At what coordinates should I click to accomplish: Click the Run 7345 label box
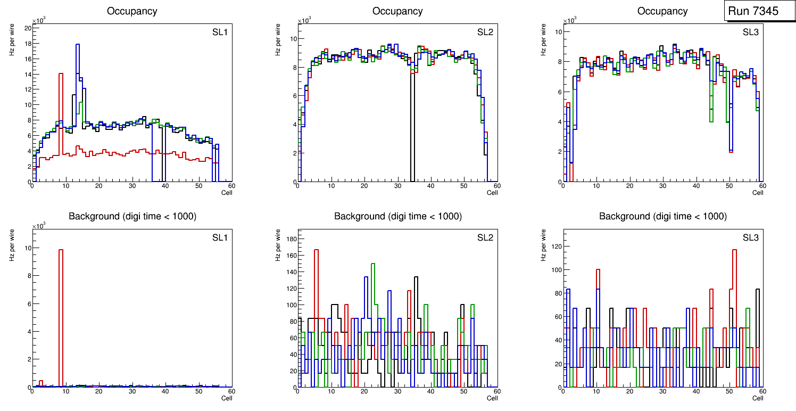click(760, 11)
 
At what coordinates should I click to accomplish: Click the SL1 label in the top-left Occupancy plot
click(220, 32)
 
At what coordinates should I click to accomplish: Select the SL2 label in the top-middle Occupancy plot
click(485, 32)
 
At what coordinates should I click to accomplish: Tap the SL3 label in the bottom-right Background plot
click(751, 237)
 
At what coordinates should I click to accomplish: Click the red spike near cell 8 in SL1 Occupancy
click(61, 75)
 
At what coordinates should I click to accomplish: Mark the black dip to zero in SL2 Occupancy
click(412, 128)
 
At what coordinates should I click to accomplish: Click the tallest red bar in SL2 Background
click(316, 250)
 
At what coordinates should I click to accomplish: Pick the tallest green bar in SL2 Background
click(373, 265)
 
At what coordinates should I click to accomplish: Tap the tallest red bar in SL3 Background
click(735, 251)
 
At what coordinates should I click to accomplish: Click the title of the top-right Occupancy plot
click(662, 11)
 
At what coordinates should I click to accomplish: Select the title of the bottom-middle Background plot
click(397, 216)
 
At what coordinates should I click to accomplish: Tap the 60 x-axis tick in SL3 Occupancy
click(761, 186)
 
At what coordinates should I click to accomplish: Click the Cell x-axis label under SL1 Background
click(226, 398)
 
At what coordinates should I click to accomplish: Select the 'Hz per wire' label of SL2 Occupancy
click(278, 45)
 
